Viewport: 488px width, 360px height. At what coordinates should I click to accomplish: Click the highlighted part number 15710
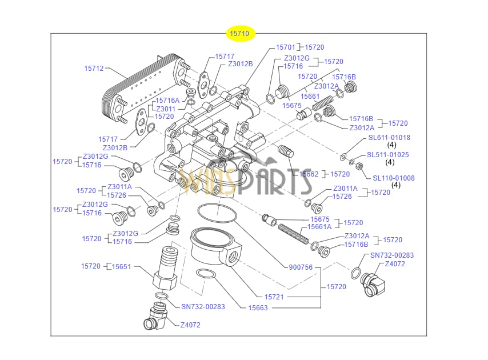click(x=239, y=34)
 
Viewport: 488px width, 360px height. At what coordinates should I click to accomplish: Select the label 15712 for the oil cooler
click(x=94, y=69)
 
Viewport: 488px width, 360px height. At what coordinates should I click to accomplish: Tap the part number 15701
click(x=285, y=47)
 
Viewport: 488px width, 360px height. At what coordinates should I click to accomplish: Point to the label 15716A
click(x=168, y=101)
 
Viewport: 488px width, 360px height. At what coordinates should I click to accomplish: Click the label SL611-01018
click(x=389, y=138)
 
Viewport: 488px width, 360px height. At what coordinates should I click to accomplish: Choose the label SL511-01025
click(x=388, y=155)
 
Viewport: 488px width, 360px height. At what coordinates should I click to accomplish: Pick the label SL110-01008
click(x=394, y=178)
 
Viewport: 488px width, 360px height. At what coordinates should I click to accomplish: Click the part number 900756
click(x=301, y=267)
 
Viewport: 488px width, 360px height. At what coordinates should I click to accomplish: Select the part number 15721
click(x=274, y=297)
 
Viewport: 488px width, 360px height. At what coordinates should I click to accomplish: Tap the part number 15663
click(x=258, y=308)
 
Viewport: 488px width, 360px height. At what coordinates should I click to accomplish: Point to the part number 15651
click(x=121, y=266)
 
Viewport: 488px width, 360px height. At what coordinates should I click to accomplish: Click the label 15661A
click(x=319, y=227)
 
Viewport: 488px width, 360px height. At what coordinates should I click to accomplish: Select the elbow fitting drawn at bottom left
click(x=156, y=317)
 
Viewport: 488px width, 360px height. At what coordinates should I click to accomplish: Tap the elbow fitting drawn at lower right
click(x=374, y=284)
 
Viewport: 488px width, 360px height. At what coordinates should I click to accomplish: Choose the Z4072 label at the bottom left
click(x=190, y=325)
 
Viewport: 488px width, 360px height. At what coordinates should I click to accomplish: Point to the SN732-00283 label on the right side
click(x=392, y=255)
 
